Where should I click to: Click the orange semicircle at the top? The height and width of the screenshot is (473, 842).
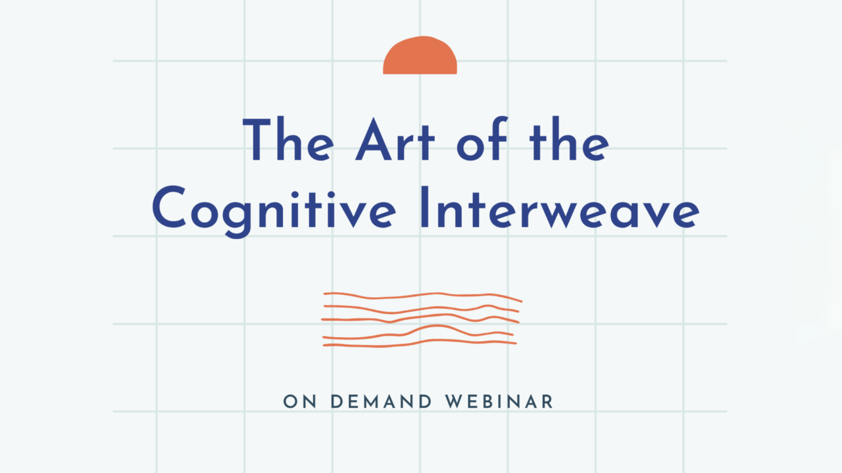point(420,56)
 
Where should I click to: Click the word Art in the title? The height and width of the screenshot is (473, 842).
point(395,139)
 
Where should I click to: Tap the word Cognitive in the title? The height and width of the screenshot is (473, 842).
point(274,211)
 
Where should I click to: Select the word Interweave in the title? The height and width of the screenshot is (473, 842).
point(560,207)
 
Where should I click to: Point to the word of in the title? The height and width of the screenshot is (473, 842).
point(483,139)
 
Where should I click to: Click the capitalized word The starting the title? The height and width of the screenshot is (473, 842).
point(288,139)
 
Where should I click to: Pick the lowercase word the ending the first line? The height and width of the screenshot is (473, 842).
point(569,139)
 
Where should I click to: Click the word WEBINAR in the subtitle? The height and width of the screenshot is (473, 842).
point(499,401)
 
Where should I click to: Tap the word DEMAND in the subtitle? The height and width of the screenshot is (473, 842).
point(381,401)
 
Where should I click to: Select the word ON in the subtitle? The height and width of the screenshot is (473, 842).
point(299,401)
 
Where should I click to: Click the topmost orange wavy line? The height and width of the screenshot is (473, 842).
point(422,296)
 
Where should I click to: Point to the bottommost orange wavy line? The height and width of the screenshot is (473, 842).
point(420,343)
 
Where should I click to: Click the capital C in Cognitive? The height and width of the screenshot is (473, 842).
point(169,207)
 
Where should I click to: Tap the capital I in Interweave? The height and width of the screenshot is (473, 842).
point(425,207)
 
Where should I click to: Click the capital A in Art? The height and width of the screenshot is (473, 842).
point(374,139)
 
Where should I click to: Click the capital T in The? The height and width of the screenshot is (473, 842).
point(257,140)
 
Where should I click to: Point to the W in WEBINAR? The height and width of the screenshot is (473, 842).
point(455,401)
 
